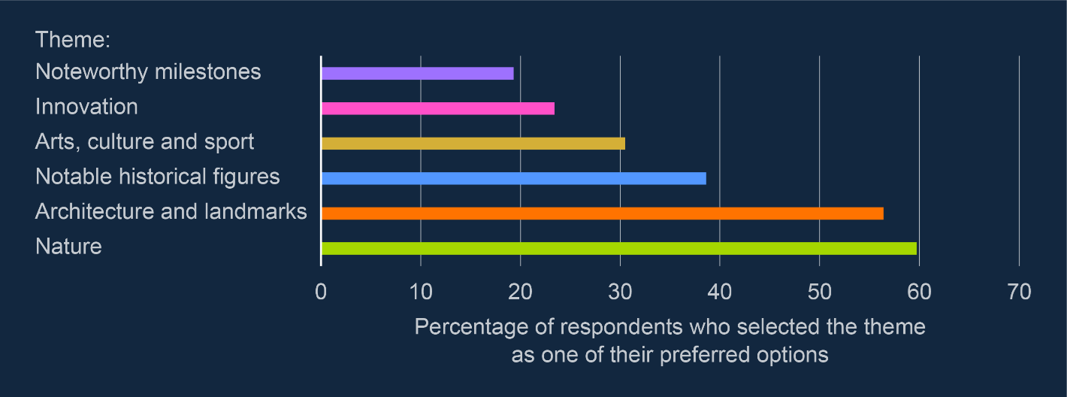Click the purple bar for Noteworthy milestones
tap(418, 74)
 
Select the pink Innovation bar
tap(438, 109)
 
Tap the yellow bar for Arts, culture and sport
tap(473, 144)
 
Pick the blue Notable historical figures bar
tap(514, 178)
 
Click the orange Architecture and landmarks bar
tap(603, 214)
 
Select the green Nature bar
tap(619, 248)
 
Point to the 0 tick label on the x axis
tap(321, 292)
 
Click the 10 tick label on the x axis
tap(421, 292)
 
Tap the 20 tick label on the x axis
tap(520, 292)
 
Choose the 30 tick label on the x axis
tap(620, 292)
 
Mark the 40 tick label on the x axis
tap(720, 292)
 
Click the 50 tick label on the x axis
tap(819, 292)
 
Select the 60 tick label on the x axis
tap(919, 292)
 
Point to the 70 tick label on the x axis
tap(1020, 292)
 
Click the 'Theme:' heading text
tap(73, 40)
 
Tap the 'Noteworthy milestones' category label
tap(148, 72)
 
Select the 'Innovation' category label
tap(86, 107)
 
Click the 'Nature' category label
tap(68, 247)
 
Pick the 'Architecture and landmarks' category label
tap(171, 211)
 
